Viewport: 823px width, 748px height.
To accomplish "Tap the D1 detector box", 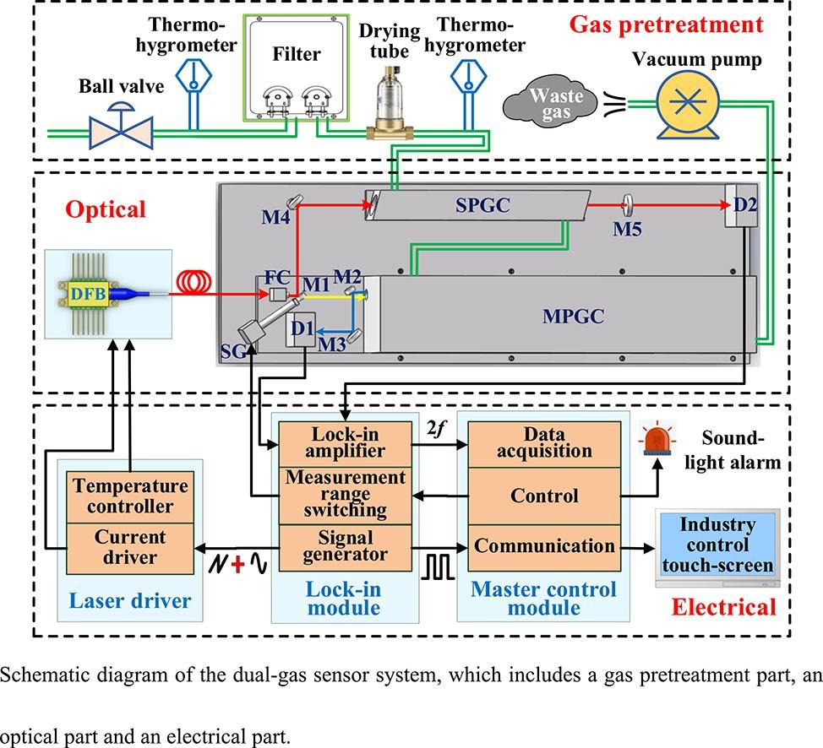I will (x=302, y=331).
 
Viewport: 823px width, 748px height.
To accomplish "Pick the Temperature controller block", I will (x=130, y=496).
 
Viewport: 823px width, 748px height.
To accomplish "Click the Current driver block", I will (x=130, y=546).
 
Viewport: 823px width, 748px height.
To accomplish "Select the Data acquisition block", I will (x=543, y=442).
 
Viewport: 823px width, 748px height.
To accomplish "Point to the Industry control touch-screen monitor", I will (x=717, y=548).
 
